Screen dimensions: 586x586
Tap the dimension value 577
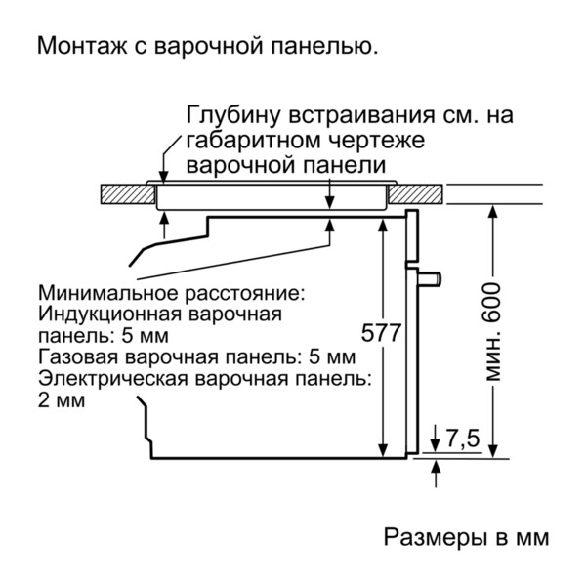[382, 333]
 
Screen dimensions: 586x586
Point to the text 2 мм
[62, 399]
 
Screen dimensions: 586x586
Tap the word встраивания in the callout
[343, 116]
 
